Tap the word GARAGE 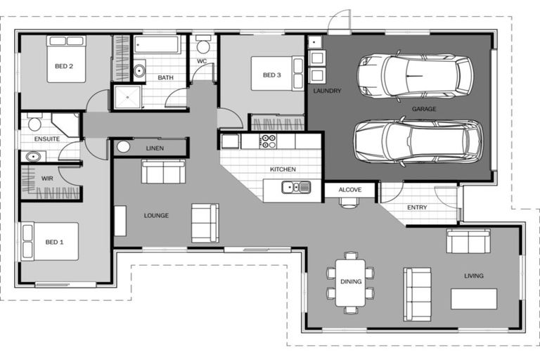424,109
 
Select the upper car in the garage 415,75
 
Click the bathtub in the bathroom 157,46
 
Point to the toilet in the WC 202,46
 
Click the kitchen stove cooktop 268,141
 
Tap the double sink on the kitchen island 296,187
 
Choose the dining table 350,282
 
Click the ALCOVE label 349,190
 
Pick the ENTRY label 417,207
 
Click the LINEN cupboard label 155,148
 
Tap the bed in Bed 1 50,241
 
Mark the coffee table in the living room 473,299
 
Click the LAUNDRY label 327,91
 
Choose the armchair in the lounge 205,223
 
